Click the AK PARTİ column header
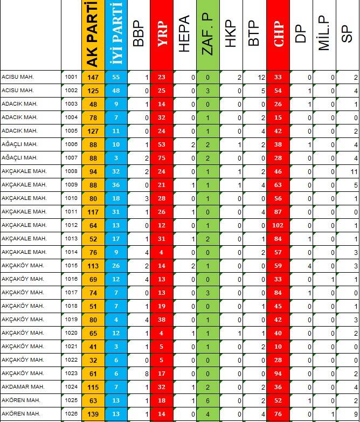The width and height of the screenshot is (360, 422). [93, 34]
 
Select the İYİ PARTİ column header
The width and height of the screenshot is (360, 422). [116, 34]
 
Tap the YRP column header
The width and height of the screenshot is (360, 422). [162, 34]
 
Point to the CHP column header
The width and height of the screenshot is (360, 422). [278, 34]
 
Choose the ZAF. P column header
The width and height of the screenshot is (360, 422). [208, 34]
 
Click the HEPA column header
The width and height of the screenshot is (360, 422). [185, 34]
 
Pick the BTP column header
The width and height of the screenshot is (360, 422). [254, 34]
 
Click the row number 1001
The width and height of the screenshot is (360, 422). [71, 77]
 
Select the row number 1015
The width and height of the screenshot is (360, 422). [71, 266]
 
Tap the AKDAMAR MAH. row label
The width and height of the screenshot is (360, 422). [19, 387]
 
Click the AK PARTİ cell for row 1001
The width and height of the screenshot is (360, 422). [93, 77]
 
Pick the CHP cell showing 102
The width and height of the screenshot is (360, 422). [278, 225]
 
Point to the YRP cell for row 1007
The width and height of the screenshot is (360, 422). [162, 158]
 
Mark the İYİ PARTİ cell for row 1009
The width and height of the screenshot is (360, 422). [116, 185]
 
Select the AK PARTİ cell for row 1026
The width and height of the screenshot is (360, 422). [93, 414]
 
